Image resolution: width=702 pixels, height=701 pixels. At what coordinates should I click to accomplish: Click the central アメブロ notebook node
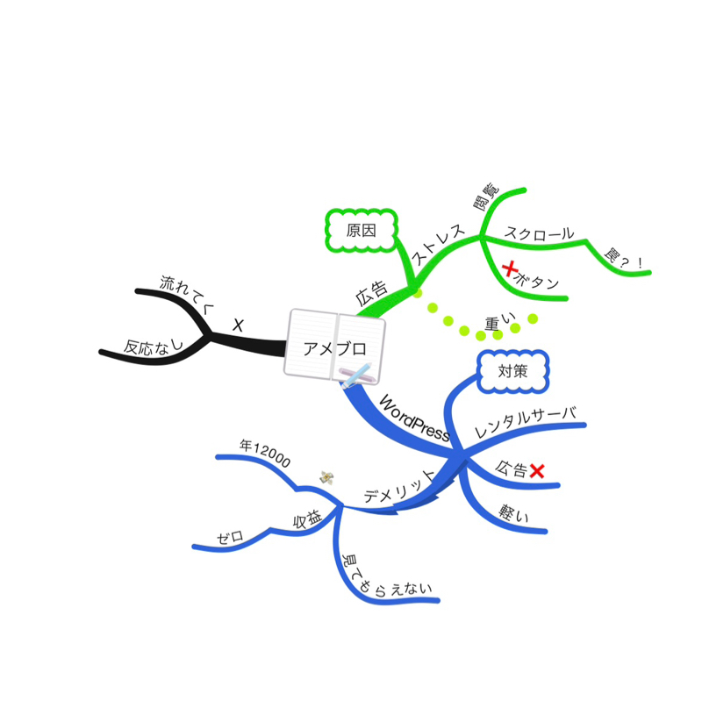pos(334,347)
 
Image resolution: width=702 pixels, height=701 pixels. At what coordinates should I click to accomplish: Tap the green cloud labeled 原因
pos(361,231)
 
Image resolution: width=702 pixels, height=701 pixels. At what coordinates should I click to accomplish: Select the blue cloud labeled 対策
pos(513,371)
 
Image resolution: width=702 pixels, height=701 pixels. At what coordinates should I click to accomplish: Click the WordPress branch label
pos(414,418)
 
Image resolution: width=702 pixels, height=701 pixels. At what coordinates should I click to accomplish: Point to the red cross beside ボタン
pos(510,269)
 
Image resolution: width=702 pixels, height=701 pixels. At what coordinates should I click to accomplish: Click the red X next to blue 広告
pos(537,471)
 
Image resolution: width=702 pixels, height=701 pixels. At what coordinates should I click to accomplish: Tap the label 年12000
pos(265,453)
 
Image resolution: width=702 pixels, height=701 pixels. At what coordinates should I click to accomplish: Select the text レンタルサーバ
pos(525,422)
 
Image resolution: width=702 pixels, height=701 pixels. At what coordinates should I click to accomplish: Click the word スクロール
pos(539,233)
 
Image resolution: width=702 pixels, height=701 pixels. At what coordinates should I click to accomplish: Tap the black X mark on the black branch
pos(238,325)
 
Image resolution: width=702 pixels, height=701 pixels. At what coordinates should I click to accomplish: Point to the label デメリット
pos(399,487)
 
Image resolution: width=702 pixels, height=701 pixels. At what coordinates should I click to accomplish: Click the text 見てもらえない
pos(383,580)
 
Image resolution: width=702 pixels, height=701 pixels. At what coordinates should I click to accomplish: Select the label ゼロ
pos(231,537)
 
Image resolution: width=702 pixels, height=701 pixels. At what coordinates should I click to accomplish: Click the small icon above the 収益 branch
pos(326,477)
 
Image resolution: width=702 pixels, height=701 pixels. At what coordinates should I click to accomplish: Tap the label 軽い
pos(513,513)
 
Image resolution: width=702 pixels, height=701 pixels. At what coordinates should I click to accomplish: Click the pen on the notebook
pos(357,376)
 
